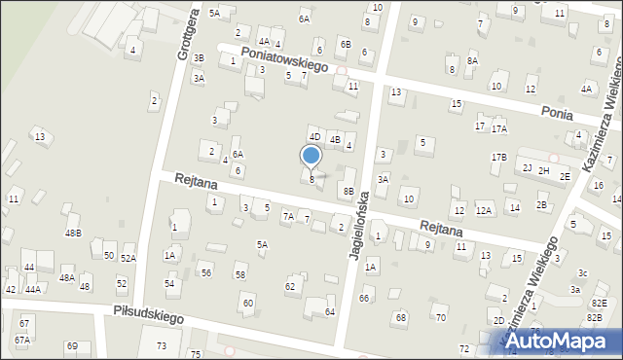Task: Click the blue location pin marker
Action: pyautogui.click(x=311, y=157)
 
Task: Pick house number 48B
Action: pyautogui.click(x=73, y=233)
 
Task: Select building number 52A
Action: pyautogui.click(x=128, y=258)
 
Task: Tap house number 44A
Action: pyautogui.click(x=33, y=289)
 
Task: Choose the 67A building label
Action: pyautogui.click(x=22, y=340)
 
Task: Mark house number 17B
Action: pyautogui.click(x=498, y=157)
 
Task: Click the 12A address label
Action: pyautogui.click(x=484, y=210)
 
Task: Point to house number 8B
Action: pyautogui.click(x=348, y=191)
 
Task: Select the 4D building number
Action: pyautogui.click(x=314, y=136)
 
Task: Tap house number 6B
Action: pyautogui.click(x=345, y=44)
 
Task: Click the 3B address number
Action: pyautogui.click(x=199, y=58)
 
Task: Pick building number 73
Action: pyautogui.click(x=162, y=346)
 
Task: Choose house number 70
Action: pyautogui.click(x=440, y=317)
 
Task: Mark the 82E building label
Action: pyautogui.click(x=597, y=304)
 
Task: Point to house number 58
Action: pyautogui.click(x=240, y=275)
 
